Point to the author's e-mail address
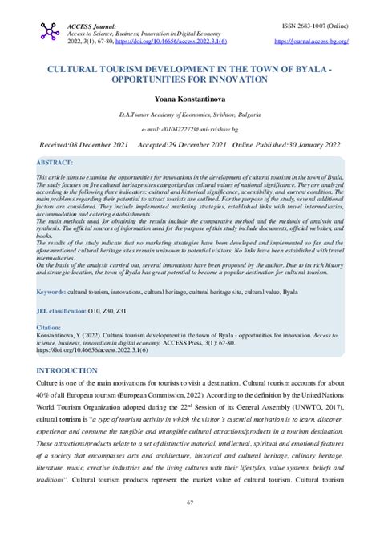click(x=189, y=129)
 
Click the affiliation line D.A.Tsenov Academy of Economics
click(x=189, y=115)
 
